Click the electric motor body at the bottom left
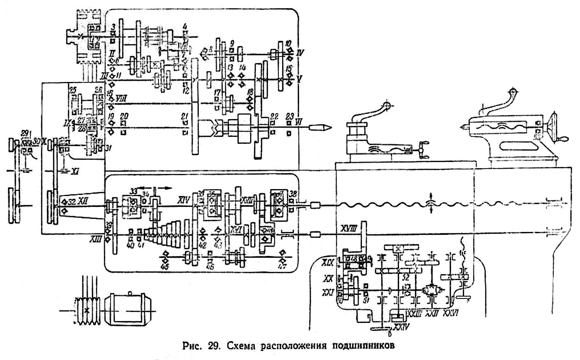[127, 309]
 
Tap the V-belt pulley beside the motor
[87, 310]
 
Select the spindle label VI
[298, 121]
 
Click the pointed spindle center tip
[325, 128]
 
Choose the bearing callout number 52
[405, 277]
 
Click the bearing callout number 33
[133, 191]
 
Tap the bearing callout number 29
[25, 134]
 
